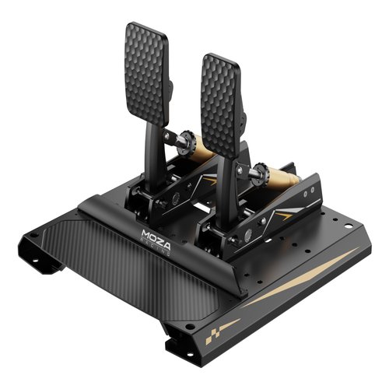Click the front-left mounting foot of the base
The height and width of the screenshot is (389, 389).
tap(48, 261)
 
